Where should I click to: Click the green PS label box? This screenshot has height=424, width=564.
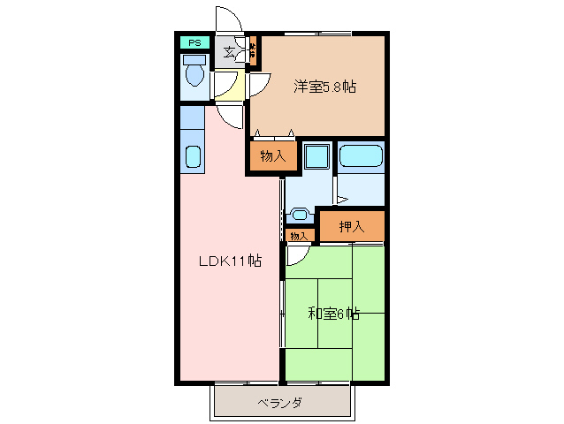point(193,42)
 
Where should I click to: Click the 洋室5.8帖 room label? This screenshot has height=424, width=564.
point(324,87)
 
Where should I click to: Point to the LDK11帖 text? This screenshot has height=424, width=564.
point(228,261)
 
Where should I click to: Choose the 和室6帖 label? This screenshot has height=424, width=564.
point(333,313)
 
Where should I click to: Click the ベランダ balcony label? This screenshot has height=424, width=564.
point(280,403)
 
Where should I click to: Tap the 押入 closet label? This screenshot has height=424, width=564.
point(352,227)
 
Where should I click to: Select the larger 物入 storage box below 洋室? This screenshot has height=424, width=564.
point(272,156)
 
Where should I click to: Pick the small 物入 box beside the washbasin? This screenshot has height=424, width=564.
point(299,236)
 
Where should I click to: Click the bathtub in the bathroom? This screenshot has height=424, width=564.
point(362,157)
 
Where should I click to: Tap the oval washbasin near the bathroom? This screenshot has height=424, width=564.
point(301,214)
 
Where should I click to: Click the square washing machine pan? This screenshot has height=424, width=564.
point(315,157)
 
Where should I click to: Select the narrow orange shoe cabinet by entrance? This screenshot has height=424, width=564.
point(252,52)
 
